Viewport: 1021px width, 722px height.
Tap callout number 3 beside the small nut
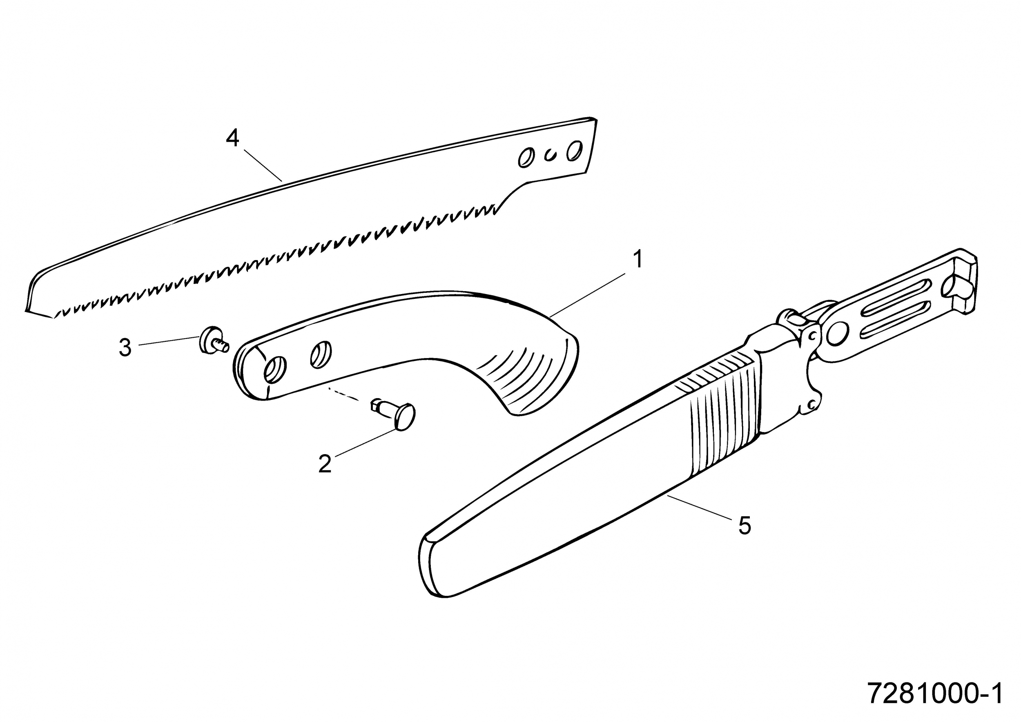(x=125, y=347)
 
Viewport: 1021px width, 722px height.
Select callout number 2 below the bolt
(x=325, y=464)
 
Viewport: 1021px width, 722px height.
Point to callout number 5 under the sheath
(x=745, y=526)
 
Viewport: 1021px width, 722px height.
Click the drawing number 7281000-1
(x=935, y=694)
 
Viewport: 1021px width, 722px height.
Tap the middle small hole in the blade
(x=551, y=155)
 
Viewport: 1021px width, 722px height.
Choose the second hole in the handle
(x=321, y=355)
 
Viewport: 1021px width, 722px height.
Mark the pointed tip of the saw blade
(x=27, y=310)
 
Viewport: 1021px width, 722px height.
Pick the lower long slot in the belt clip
(x=895, y=319)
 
